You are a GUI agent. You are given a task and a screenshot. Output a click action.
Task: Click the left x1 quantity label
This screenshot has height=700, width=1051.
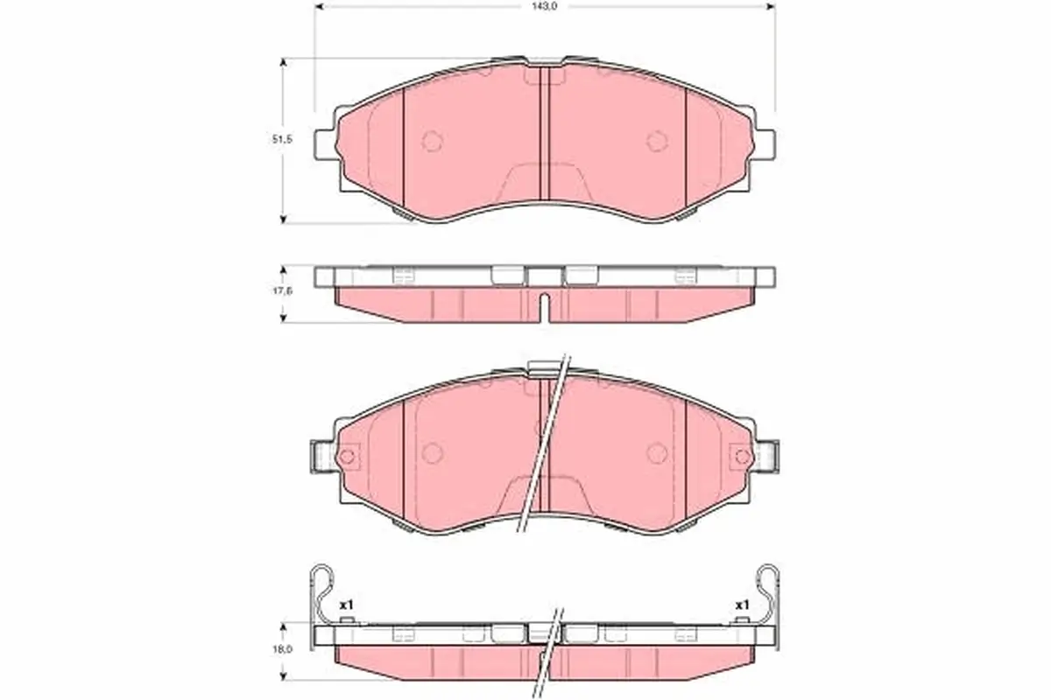point(345,605)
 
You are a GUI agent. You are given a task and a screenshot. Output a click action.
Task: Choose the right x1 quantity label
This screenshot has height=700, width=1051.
point(742,605)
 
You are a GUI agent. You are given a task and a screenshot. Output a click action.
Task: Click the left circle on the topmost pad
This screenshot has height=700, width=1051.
point(433,141)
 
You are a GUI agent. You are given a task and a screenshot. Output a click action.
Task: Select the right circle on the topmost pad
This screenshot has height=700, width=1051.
point(657,141)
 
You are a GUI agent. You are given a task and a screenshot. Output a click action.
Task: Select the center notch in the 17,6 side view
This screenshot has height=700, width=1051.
point(544,307)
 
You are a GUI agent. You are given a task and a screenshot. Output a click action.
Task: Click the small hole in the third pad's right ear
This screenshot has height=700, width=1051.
point(742,457)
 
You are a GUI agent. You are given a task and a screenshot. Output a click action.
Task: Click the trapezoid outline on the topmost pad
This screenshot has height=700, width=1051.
point(544,180)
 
